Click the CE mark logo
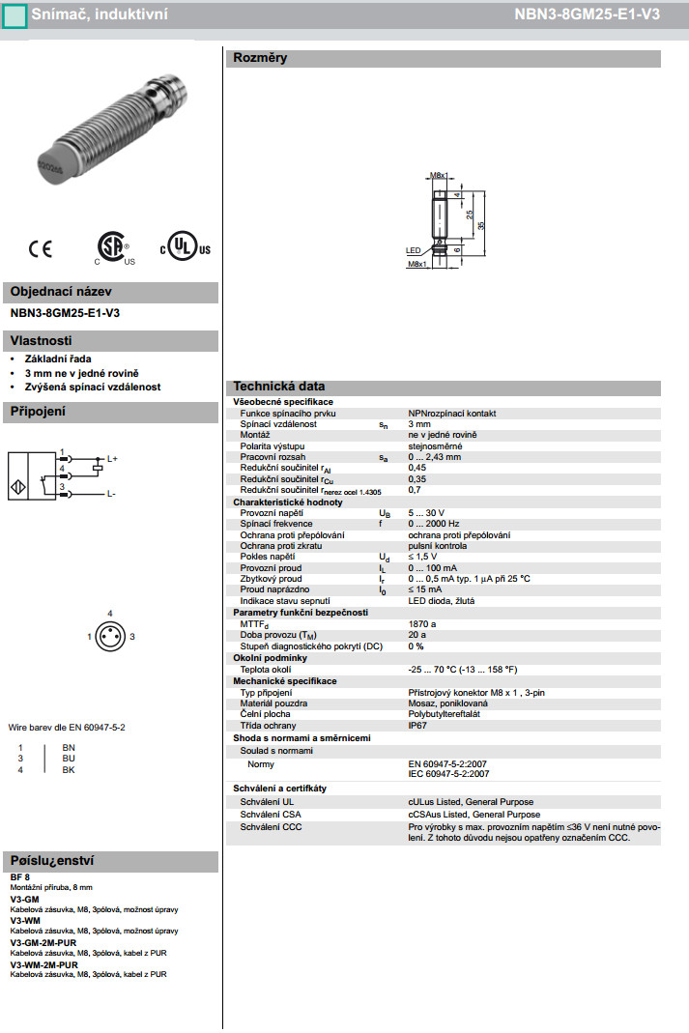pos(41,248)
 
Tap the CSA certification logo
pos(114,246)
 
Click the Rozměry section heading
pos(261,58)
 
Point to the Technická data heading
pos(279,387)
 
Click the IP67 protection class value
pos(417,725)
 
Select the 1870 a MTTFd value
pos(422,624)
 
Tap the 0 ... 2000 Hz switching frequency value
pos(434,524)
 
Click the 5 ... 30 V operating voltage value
pos(426,512)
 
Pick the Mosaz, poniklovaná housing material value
pos(448,703)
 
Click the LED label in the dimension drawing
pos(413,249)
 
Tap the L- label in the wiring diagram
pos(111,494)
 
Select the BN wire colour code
pos(68,748)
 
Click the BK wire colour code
pos(68,769)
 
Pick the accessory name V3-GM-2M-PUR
pos(43,942)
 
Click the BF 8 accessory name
pos(20,876)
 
